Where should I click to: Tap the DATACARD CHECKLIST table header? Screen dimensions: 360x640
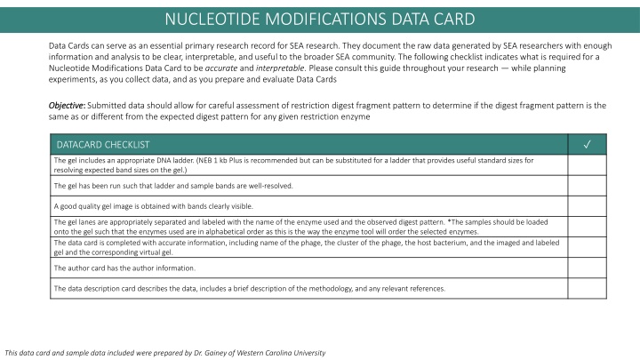click(102, 144)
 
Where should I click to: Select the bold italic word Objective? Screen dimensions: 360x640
click(66, 105)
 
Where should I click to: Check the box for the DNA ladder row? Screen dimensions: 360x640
click(587, 164)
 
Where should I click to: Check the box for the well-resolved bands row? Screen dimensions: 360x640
click(587, 185)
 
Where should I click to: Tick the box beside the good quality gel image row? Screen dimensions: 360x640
click(587, 205)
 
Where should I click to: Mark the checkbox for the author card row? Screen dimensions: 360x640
click(587, 268)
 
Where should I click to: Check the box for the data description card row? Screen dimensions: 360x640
click(587, 288)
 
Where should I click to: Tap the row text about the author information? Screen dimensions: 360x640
click(124, 268)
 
